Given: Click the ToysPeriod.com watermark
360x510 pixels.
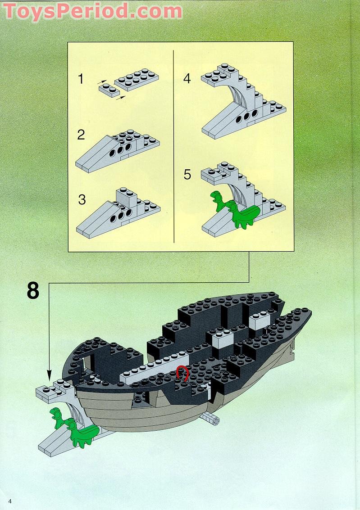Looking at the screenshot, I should tap(93, 11).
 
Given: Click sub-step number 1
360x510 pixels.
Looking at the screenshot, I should tap(81, 80).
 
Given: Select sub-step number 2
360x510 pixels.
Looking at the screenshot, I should tap(81, 135).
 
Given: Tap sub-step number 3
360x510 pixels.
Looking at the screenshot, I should tap(82, 199).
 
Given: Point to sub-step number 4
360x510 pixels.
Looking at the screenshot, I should tap(187, 78).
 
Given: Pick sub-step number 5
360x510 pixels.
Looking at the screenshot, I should tap(187, 175).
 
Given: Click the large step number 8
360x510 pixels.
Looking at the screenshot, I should tap(33, 291).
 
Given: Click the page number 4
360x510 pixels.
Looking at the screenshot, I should tap(9, 501).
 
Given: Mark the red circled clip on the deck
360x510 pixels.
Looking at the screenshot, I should tap(182, 373).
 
